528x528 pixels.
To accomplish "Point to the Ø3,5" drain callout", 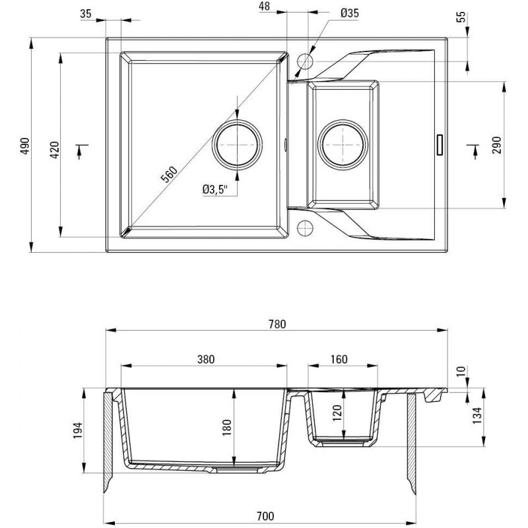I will pyautogui.click(x=214, y=190).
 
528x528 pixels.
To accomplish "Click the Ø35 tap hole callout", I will pyautogui.click(x=350, y=13).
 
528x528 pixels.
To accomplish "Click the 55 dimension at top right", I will pyautogui.click(x=462, y=17).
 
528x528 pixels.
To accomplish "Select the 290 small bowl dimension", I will pyautogui.click(x=496, y=145).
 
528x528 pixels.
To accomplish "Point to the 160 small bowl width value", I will pyautogui.click(x=338, y=360).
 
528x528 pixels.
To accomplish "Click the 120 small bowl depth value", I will pyautogui.click(x=337, y=414).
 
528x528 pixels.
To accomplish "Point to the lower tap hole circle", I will pyautogui.click(x=305, y=228).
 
